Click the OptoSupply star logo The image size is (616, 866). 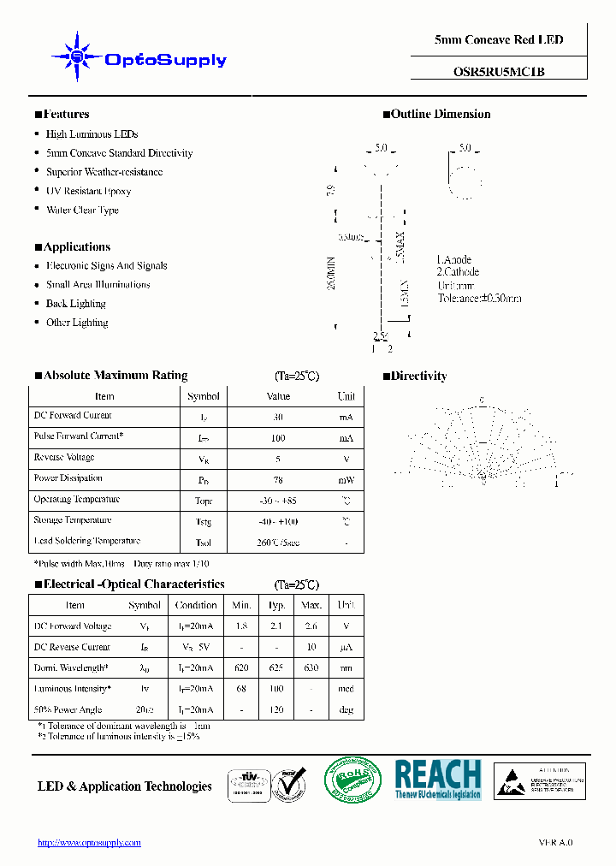click(x=78, y=56)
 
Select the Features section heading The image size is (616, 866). click(x=62, y=114)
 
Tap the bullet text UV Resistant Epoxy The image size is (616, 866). click(x=88, y=191)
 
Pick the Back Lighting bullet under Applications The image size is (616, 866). click(x=75, y=304)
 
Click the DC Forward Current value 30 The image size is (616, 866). click(x=278, y=417)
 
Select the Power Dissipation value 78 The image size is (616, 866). click(x=278, y=479)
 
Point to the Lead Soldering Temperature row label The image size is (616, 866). click(x=86, y=541)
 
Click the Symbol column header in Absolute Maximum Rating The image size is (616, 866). click(x=203, y=396)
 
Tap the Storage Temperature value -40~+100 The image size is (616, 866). click(x=278, y=521)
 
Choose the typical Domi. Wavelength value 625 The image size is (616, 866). click(x=276, y=668)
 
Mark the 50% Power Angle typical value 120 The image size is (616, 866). click(x=276, y=709)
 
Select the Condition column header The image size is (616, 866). click(x=196, y=605)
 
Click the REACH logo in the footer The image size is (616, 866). click(x=438, y=780)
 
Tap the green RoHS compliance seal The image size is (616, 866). click(x=352, y=780)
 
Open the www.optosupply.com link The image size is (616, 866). click(x=89, y=842)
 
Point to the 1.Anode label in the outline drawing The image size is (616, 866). click(x=453, y=259)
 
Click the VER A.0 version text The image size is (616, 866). click(x=555, y=842)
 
